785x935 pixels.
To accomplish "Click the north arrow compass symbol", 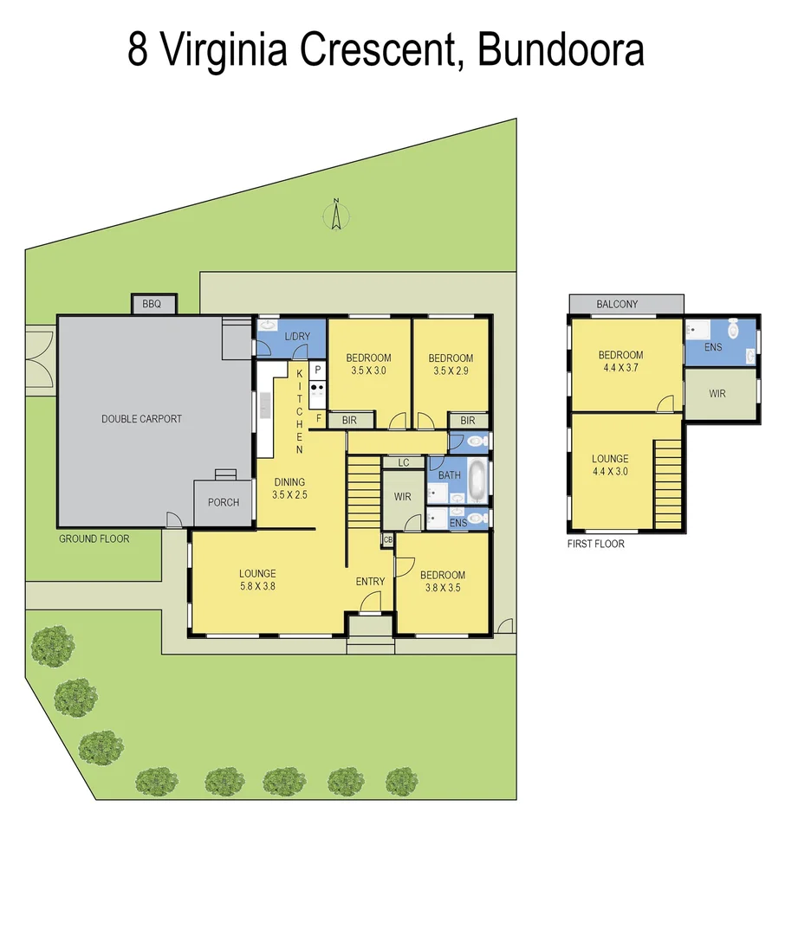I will tap(335, 214).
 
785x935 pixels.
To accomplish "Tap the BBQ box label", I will tap(152, 304).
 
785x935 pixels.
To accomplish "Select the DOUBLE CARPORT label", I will tap(141, 419).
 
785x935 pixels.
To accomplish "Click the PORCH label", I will tap(224, 502).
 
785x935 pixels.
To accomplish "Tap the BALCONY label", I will tap(617, 304).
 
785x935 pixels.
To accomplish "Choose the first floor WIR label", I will tap(717, 393).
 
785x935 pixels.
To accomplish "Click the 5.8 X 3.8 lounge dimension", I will tap(257, 587).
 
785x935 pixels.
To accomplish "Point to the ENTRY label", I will tap(370, 581).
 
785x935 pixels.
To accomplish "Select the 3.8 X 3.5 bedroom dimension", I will tap(442, 589).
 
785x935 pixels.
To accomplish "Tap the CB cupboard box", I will tap(386, 540).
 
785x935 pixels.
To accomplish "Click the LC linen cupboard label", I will tap(403, 463).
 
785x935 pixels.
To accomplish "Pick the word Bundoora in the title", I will tap(561, 50).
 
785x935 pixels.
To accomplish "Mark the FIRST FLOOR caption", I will tap(595, 544).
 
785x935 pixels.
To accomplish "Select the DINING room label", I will tap(289, 482).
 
